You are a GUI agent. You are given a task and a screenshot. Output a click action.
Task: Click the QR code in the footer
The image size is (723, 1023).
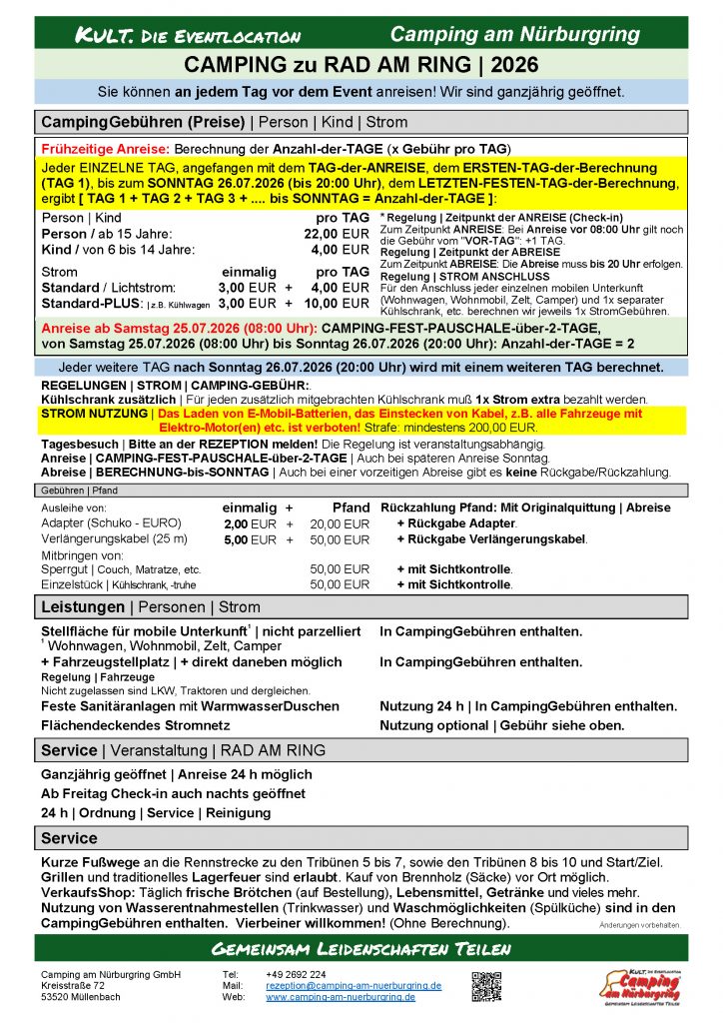click(x=486, y=986)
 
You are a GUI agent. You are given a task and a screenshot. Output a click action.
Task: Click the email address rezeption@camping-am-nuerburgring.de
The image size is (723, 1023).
click(x=354, y=985)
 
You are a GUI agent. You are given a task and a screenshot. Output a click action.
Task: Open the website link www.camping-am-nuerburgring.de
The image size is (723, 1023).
click(x=341, y=997)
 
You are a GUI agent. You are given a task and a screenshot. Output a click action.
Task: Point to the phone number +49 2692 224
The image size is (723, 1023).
click(x=296, y=974)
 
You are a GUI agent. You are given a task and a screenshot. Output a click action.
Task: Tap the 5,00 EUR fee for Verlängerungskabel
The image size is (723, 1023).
click(x=249, y=539)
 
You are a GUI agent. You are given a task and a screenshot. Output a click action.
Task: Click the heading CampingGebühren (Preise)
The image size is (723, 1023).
click(x=143, y=122)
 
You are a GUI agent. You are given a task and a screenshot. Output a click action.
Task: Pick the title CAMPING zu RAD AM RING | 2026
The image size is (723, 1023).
click(x=361, y=65)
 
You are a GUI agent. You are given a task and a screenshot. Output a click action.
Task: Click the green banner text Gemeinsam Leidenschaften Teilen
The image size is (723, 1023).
click(x=361, y=948)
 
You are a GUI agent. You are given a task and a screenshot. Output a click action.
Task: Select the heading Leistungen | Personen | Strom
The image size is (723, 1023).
click(x=150, y=607)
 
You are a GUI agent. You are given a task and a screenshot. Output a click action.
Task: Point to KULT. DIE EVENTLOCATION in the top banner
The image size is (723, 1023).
click(x=188, y=36)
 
